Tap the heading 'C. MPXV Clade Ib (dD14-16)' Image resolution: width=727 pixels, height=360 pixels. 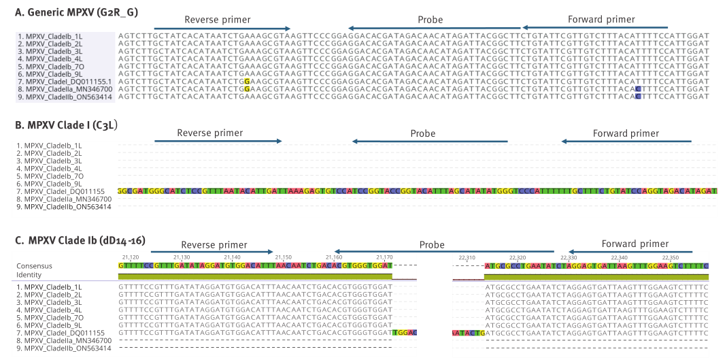[x=75, y=240]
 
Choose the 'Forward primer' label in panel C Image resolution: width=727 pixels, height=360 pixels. [x=635, y=244]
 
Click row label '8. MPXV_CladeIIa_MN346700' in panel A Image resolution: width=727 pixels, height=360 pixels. [x=65, y=89]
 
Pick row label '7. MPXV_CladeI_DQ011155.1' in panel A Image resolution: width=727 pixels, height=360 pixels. [x=65, y=82]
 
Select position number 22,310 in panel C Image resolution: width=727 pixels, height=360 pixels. [x=467, y=257]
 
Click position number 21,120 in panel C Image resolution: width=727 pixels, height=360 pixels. [x=131, y=257]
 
